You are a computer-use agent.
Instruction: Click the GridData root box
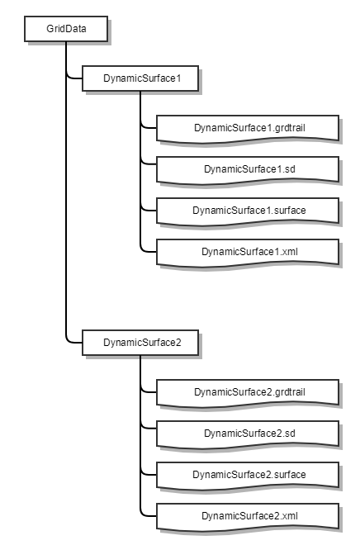click(66, 29)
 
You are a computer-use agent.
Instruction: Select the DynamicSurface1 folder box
click(140, 78)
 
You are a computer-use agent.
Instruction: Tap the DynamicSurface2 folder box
click(140, 343)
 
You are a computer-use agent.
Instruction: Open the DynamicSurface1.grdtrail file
click(248, 128)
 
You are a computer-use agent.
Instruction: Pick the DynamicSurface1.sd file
click(248, 169)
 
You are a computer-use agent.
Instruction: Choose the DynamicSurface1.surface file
click(248, 211)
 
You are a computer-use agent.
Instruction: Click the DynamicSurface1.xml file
click(248, 252)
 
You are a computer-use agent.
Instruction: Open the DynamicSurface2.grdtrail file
click(248, 392)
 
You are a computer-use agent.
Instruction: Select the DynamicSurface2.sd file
click(248, 434)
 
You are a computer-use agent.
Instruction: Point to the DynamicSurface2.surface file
click(248, 475)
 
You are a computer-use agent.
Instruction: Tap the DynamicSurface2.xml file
click(248, 516)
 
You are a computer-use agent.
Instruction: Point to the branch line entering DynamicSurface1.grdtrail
click(149, 127)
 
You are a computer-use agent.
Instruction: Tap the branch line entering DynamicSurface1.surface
click(149, 210)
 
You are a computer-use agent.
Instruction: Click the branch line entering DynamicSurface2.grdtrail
click(149, 391)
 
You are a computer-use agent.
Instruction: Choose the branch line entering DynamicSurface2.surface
click(149, 474)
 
